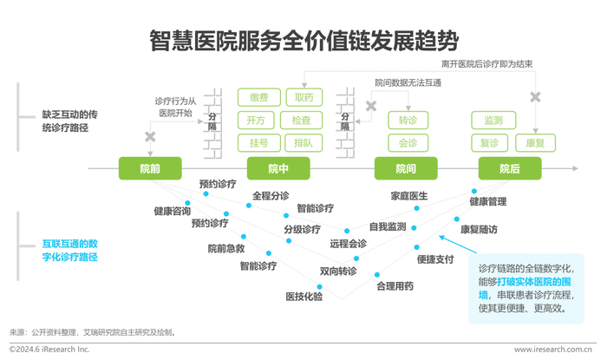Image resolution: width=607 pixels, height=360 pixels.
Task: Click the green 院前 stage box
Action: pos(150,168)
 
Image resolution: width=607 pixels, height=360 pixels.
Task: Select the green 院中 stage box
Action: pos(278,168)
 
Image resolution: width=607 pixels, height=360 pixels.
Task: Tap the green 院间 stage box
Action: pos(406,168)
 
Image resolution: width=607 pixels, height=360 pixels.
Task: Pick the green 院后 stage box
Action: pos(510,168)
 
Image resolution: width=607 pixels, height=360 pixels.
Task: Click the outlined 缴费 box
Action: pos(259,97)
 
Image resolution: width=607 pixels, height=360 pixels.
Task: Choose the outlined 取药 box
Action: pos(304,97)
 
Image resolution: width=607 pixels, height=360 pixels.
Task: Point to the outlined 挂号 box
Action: pos(259,143)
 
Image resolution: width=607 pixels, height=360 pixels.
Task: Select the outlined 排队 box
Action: pos(303,143)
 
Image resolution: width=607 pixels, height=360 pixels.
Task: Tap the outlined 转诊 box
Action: pos(408,120)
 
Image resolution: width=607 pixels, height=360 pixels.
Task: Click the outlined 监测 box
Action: pos(493,120)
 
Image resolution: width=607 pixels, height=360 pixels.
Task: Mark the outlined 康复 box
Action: pos(535,143)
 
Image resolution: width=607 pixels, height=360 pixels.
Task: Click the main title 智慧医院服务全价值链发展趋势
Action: pos(304,41)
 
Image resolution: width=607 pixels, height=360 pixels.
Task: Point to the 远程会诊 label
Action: pos(348,244)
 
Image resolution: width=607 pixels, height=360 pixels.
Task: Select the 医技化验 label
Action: pos(303,297)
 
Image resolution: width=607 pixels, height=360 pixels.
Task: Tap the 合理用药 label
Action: pos(395,286)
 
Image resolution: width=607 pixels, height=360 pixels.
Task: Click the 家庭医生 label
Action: pos(409,196)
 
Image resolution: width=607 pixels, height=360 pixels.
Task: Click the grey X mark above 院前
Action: pos(150,137)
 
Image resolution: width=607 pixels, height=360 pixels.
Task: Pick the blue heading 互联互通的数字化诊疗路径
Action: pos(69,250)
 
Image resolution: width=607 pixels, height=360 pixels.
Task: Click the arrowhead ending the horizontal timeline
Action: pos(576,168)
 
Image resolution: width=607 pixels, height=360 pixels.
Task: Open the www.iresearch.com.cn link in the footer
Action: pos(553,350)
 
